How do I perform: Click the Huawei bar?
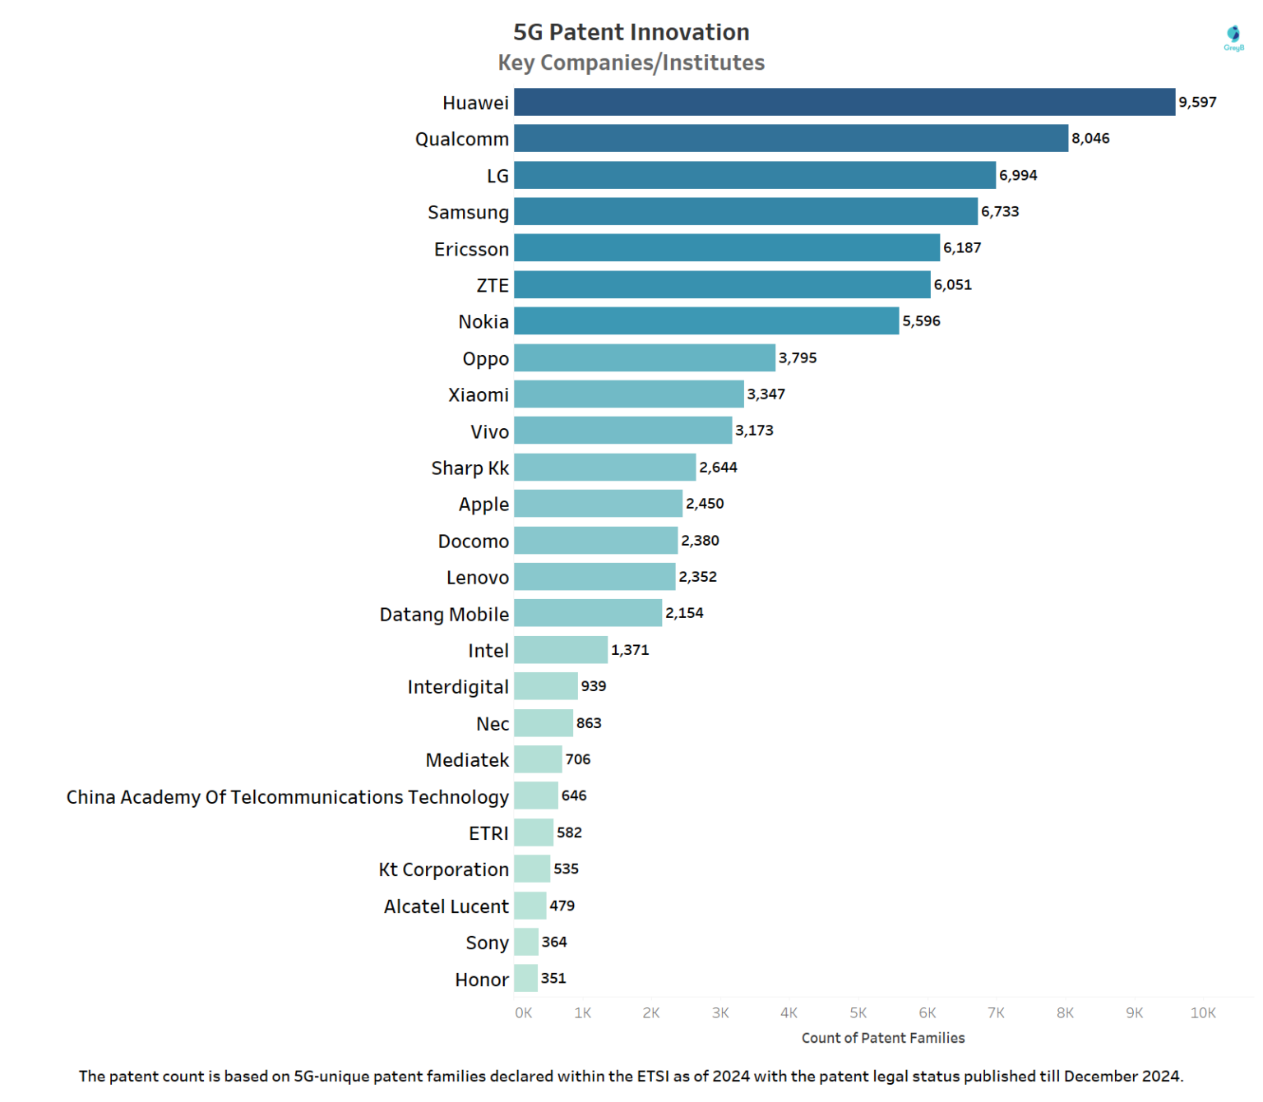[844, 102]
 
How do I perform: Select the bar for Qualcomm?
[790, 138]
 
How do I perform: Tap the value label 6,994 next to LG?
[1017, 175]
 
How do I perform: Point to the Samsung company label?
[468, 212]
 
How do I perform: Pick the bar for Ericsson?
[726, 247]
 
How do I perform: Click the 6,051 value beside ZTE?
[952, 284]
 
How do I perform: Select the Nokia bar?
[706, 320]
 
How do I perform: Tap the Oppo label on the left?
[485, 358]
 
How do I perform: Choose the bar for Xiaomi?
[628, 394]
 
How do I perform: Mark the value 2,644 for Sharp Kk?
[718, 467]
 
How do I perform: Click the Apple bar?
[598, 503]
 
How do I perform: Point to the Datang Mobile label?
[444, 614]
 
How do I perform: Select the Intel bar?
[560, 649]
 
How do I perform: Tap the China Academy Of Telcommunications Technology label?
[287, 796]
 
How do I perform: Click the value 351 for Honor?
[553, 978]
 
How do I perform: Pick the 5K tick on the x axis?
[858, 1012]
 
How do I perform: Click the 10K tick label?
[1202, 1012]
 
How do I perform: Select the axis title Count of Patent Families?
[882, 1038]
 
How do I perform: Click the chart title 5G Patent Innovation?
[631, 32]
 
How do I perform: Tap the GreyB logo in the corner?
[1233, 37]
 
